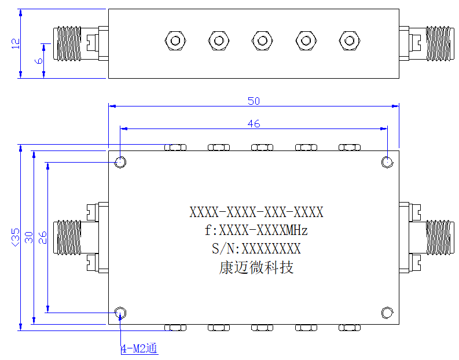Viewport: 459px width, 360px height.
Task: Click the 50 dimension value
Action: point(254,101)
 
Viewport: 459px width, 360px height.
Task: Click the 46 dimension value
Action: point(254,123)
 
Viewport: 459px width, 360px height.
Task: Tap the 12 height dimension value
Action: point(16,43)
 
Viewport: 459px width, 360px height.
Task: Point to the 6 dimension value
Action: point(39,61)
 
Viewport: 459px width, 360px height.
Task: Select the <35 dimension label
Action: point(16,237)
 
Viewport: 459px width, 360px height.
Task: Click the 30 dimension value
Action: point(29,237)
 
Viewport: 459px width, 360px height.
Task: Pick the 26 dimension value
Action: point(43,237)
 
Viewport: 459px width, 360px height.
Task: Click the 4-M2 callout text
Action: point(139,348)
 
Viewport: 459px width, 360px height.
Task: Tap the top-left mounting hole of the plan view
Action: point(120,162)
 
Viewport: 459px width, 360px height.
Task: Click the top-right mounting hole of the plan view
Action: point(387,162)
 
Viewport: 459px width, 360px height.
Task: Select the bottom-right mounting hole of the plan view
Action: point(387,313)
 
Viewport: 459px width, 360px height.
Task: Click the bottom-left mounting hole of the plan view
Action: point(120,313)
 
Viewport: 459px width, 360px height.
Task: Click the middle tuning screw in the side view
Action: point(262,41)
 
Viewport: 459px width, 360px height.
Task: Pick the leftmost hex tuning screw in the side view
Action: point(175,41)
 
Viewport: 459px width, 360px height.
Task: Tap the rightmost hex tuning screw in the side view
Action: point(350,41)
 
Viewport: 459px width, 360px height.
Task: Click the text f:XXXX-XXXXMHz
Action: point(256,230)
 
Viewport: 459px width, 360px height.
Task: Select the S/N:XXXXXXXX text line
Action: point(256,248)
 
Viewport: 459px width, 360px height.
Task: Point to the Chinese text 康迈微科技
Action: point(256,267)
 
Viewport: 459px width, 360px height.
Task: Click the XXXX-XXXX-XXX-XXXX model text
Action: point(256,212)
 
